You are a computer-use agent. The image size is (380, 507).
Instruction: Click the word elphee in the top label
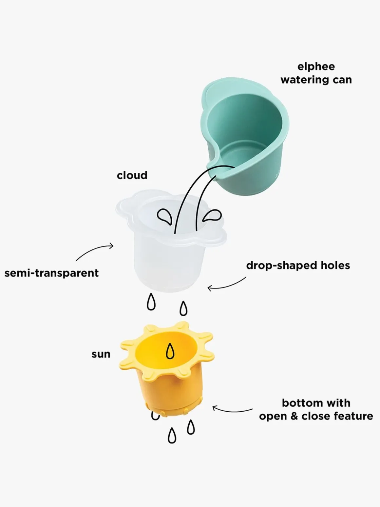tap(316, 67)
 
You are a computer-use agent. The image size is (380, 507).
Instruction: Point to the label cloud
tap(132, 175)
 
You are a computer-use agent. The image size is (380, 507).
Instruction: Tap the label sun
tap(101, 354)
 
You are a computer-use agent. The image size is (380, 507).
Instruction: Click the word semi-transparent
tap(51, 273)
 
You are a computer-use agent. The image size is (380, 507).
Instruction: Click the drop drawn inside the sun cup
tap(170, 351)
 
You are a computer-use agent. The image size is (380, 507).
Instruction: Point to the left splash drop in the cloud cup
tap(165, 216)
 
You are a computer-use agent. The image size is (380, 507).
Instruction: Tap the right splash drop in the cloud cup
tap(212, 216)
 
